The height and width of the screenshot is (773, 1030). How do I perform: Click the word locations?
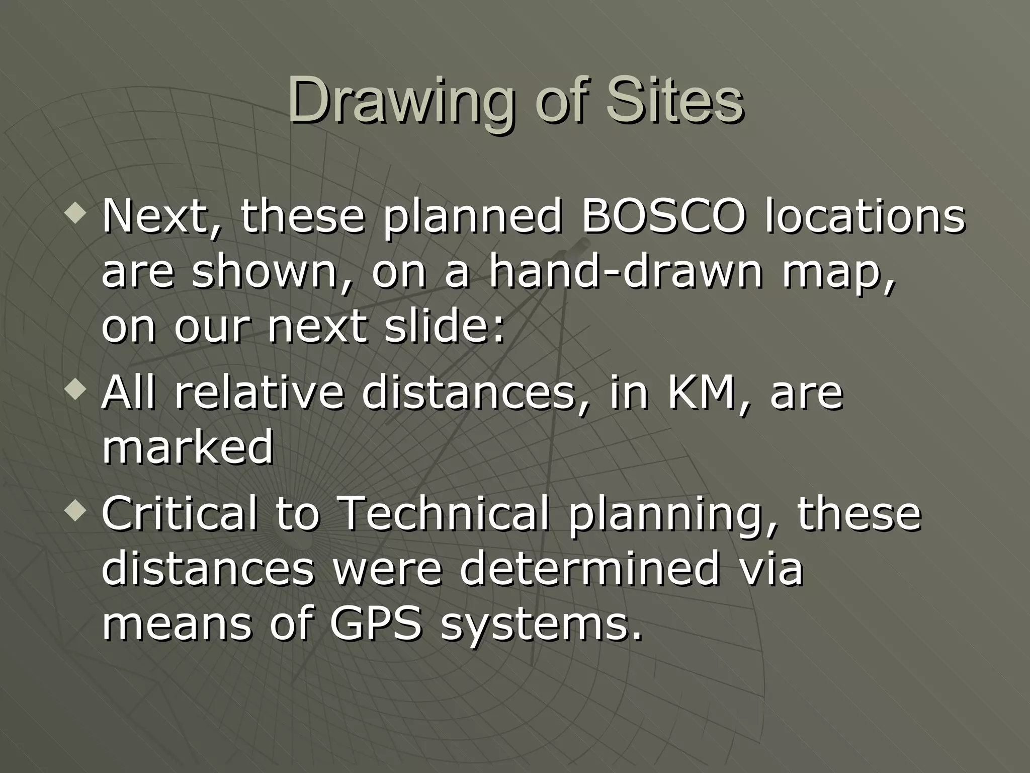click(865, 217)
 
